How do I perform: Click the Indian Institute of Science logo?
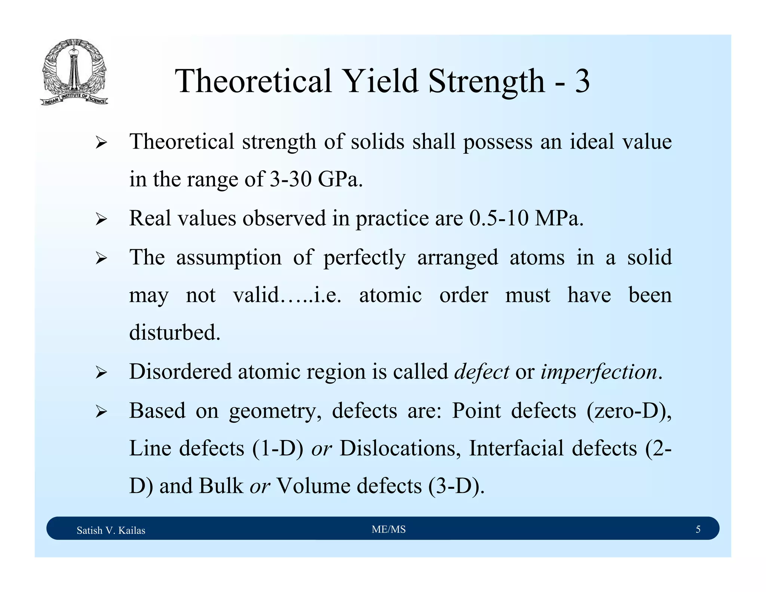coord(74,72)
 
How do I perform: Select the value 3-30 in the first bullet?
coord(290,179)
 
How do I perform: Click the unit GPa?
coord(340,179)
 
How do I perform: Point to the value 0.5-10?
coord(499,218)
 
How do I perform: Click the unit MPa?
coord(559,218)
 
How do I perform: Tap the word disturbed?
coord(175,332)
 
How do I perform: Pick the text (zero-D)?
coord(628,411)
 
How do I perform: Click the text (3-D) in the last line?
coord(456,486)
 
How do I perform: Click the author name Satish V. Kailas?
coord(111,530)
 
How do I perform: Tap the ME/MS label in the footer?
coord(389,529)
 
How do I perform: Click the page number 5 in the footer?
coord(698,529)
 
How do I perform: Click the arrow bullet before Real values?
coord(101,219)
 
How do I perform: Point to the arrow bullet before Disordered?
coord(101,373)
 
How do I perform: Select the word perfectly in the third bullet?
coord(364,258)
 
